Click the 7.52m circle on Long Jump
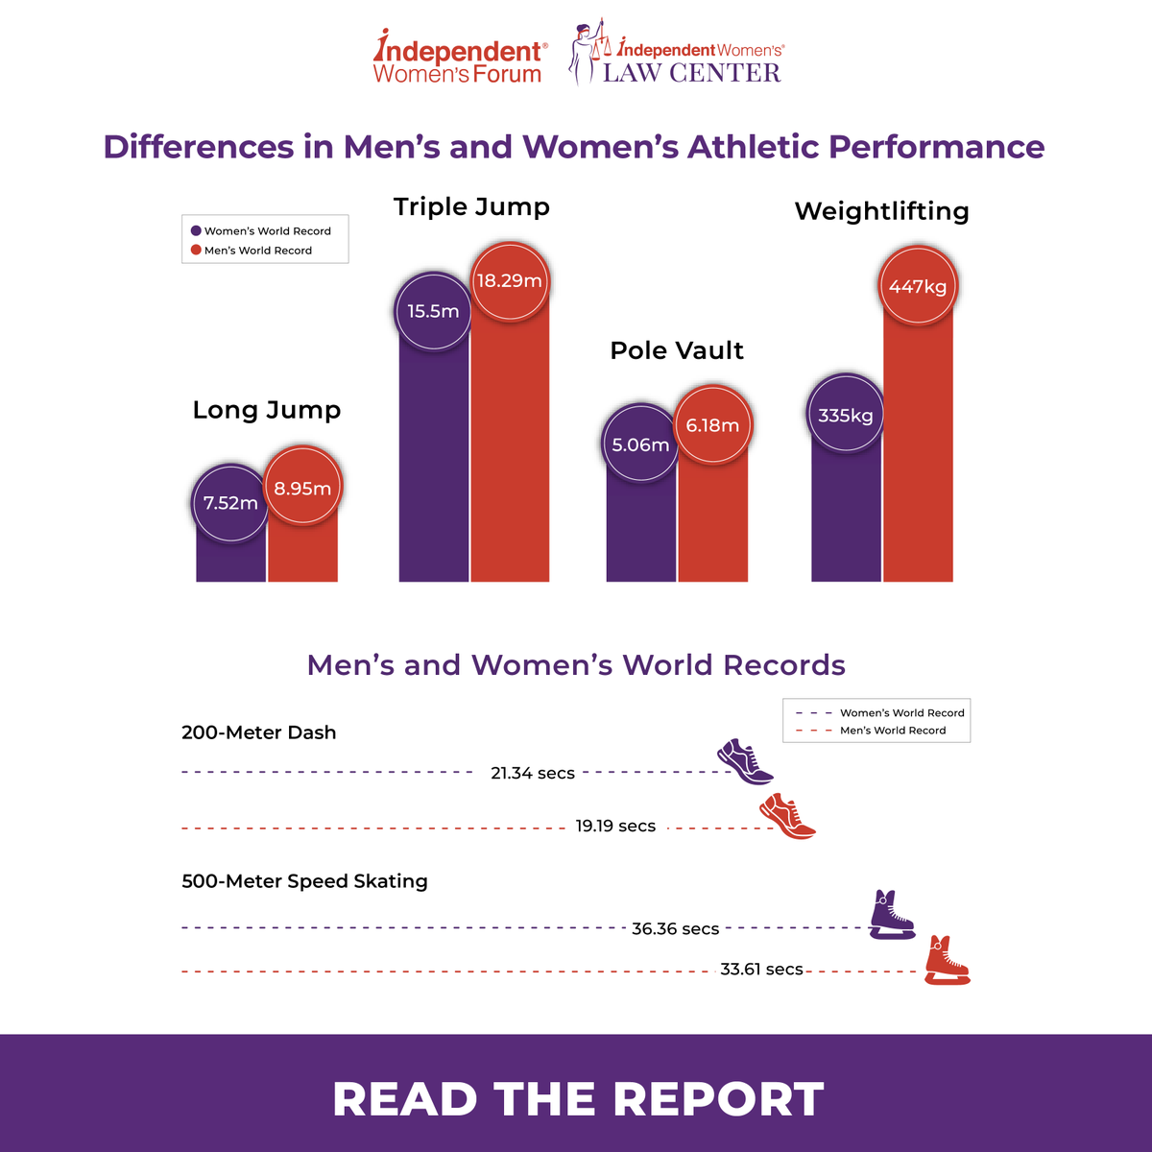coord(230,503)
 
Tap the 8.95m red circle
coord(302,487)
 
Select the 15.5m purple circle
coord(433,311)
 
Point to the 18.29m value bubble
coord(510,280)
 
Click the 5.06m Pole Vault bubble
coord(640,443)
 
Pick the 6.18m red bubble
coord(712,424)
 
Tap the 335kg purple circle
coord(846,413)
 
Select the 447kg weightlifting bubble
coord(918,285)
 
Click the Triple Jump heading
coord(471,207)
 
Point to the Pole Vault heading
coord(677,350)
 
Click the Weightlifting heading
coord(882,211)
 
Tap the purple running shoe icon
coord(745,761)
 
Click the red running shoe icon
coord(787,816)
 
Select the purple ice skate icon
coord(891,915)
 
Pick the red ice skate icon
coord(947,960)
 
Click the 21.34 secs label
coord(533,773)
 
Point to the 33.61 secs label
coord(761,969)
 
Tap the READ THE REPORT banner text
coord(578,1099)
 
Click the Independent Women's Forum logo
coord(460,57)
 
